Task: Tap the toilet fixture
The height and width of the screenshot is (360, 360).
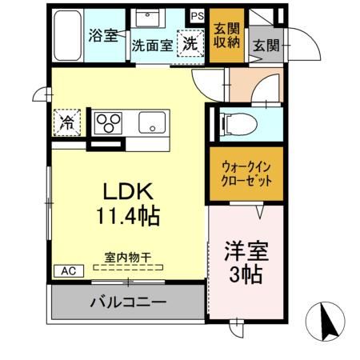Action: click(238, 123)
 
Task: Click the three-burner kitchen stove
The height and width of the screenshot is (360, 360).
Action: click(109, 122)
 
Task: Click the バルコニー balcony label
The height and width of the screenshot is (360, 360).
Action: click(128, 303)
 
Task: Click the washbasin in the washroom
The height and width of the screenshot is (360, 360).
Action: click(150, 18)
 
